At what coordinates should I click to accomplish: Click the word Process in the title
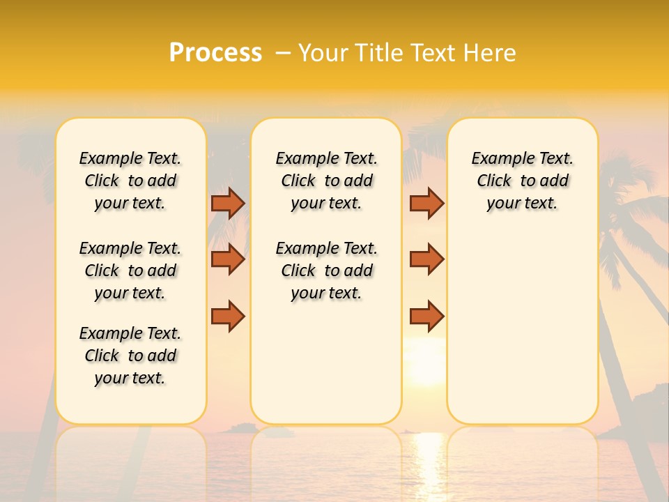click(215, 53)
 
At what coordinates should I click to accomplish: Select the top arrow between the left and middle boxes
click(228, 203)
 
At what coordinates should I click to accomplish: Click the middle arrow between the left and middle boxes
click(228, 259)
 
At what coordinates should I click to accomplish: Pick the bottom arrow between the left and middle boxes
click(228, 316)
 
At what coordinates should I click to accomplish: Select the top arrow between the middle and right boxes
click(426, 203)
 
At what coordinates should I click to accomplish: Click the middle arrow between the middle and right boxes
click(426, 259)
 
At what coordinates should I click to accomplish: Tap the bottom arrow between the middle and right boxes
click(426, 316)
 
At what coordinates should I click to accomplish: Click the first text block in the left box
click(130, 181)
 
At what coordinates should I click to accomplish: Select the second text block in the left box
click(130, 271)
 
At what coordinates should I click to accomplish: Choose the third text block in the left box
click(130, 356)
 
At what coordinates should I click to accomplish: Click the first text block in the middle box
click(326, 181)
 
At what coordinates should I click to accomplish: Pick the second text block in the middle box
click(326, 271)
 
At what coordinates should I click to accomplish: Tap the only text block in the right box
click(522, 181)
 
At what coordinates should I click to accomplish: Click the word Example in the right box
click(498, 159)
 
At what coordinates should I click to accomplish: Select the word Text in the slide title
click(426, 53)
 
